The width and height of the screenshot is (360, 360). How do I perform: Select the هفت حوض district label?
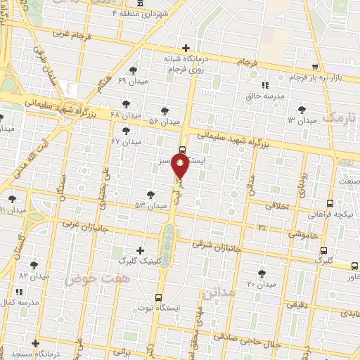point(89,278)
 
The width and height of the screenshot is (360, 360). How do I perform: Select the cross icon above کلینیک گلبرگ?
point(141,250)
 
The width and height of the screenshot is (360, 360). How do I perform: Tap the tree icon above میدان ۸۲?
point(34,265)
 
